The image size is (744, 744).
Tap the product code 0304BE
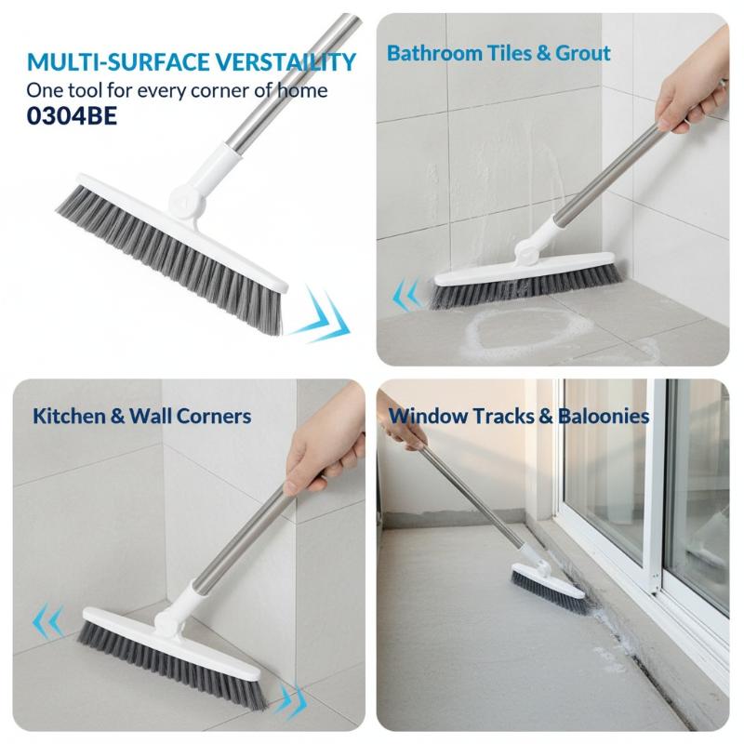[72, 116]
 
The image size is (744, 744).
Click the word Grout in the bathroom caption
[583, 53]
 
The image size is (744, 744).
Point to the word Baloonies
[604, 416]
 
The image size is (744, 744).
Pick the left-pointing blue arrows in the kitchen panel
[48, 620]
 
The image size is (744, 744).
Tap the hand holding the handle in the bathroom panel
[692, 95]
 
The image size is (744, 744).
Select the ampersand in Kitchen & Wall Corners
[117, 416]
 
